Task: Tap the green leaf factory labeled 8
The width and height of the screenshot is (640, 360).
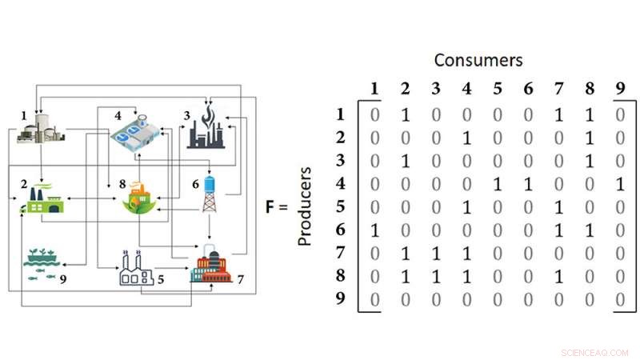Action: (x=137, y=198)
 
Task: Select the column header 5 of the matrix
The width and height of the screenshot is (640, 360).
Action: (x=498, y=89)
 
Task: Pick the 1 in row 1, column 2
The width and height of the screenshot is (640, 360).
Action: (x=405, y=114)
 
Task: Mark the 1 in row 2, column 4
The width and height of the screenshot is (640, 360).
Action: (x=467, y=138)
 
